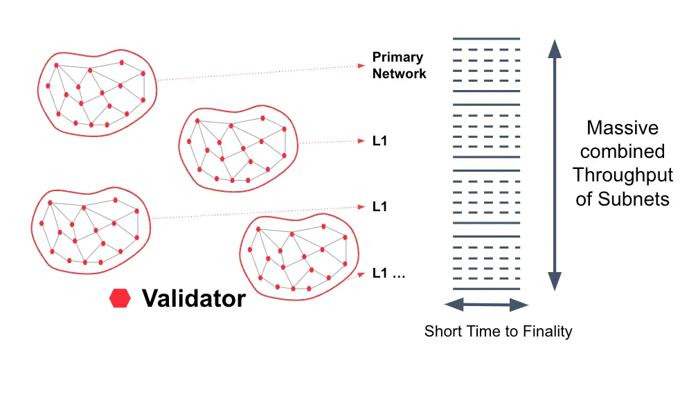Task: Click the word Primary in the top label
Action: [397, 57]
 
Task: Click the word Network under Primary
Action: [399, 73]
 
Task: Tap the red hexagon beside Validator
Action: [120, 298]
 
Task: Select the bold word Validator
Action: [193, 298]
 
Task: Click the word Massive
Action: [622, 128]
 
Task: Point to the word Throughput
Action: [622, 175]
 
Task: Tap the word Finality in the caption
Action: [546, 332]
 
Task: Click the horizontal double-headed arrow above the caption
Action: [486, 305]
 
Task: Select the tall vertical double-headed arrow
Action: [553, 165]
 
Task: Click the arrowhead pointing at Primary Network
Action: [361, 66]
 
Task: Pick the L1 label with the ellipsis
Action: [388, 273]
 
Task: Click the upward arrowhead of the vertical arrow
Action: [553, 48]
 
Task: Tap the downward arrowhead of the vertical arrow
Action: [553, 281]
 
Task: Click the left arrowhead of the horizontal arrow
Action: [451, 305]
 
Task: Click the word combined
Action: [622, 152]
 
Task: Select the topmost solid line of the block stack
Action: [486, 39]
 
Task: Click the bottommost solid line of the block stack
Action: [486, 289]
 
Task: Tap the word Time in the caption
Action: [478, 332]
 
